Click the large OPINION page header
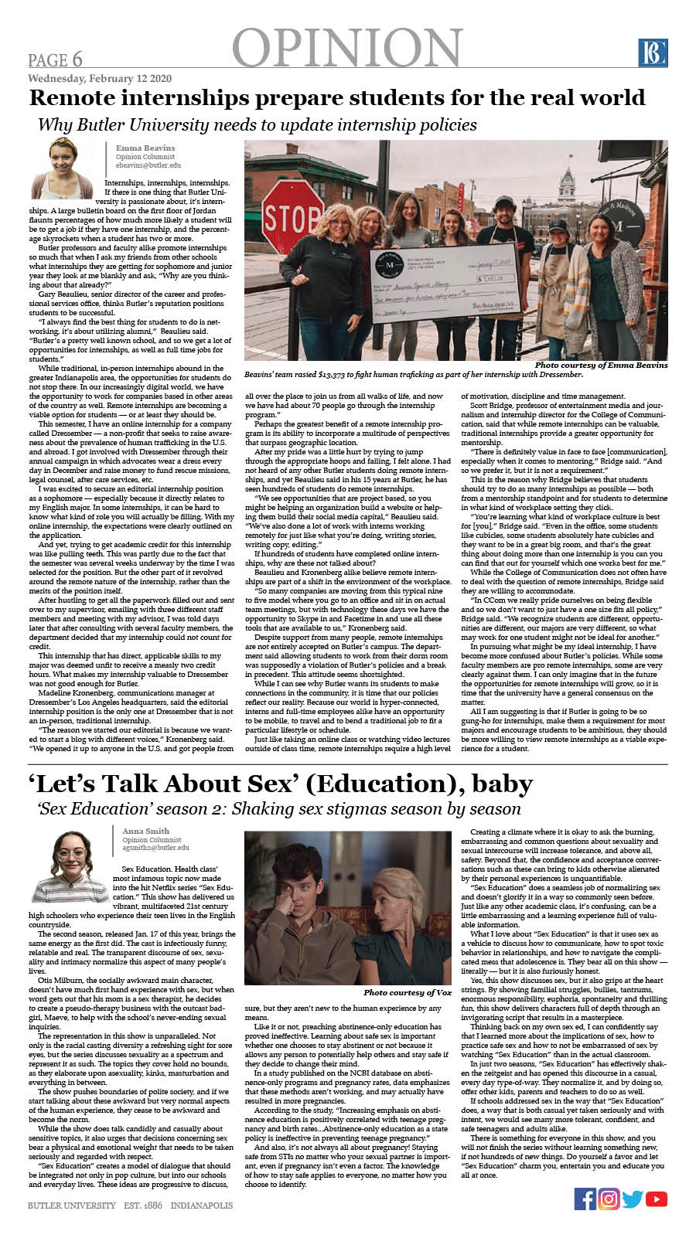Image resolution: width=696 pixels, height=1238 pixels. click(347, 48)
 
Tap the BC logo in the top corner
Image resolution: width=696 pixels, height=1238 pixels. click(653, 53)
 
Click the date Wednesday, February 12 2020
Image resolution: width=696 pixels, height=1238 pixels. click(100, 79)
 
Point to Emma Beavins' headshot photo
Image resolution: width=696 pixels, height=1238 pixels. click(62, 168)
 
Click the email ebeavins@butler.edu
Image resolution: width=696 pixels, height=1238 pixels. click(148, 165)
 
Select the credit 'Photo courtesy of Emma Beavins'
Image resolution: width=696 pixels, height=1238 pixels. click(601, 365)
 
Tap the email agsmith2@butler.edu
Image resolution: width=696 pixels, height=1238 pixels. click(155, 848)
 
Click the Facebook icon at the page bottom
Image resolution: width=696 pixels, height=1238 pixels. click(585, 1199)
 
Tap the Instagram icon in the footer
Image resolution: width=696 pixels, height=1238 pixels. click(609, 1199)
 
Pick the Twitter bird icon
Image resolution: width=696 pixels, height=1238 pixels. click(633, 1199)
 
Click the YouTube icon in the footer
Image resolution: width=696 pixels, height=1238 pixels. click(657, 1199)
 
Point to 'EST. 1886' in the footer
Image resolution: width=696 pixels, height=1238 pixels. click(142, 1206)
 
